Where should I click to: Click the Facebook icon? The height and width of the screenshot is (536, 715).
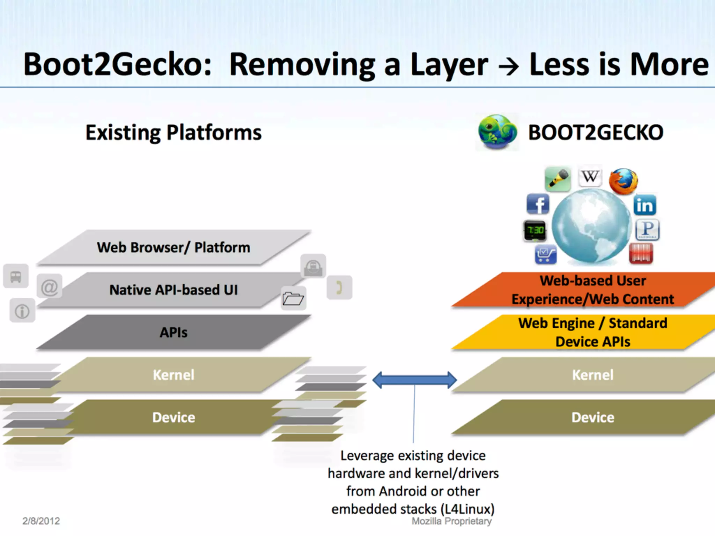coord(538,204)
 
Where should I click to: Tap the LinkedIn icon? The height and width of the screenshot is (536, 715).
coord(645,205)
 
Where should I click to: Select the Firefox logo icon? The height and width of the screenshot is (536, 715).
coord(623,181)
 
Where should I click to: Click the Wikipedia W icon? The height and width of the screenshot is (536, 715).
coord(590,177)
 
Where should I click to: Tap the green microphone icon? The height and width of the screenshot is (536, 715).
coord(558,179)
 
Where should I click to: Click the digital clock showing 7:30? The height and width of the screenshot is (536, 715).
coord(535,231)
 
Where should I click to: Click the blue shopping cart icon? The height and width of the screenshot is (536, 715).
coord(545,254)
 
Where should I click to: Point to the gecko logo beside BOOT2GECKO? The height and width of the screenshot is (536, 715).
coord(497,132)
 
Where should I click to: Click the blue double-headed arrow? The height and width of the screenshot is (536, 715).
coord(414,380)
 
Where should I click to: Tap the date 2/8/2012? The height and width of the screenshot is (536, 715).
coord(41,521)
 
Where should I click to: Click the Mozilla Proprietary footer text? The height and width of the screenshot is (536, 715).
coord(451,521)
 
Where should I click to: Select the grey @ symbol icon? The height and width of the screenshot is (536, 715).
coord(50,287)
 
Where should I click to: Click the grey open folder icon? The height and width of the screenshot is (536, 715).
coord(293,299)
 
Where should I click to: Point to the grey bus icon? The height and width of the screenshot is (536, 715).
coord(16,276)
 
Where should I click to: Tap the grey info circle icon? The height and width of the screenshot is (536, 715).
coord(22,311)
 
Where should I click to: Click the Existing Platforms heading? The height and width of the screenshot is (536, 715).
coord(174,133)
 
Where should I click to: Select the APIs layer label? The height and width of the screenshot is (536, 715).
coord(174,332)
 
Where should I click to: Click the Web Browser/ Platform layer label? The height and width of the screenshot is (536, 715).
coord(174,247)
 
